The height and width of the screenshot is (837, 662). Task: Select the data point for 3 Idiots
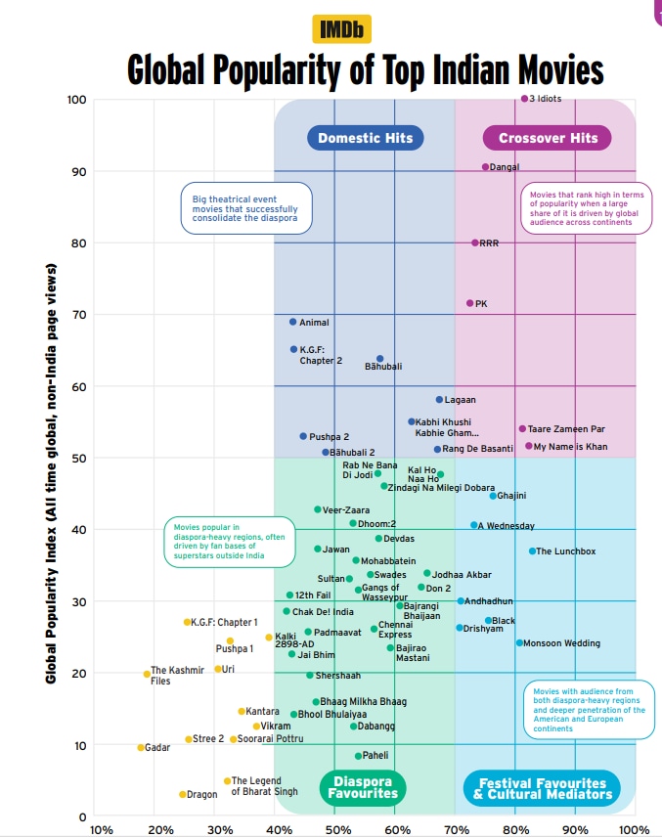(524, 99)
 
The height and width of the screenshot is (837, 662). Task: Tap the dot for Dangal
(485, 167)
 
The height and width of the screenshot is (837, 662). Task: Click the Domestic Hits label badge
(366, 138)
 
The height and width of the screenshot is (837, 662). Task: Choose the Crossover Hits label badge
(548, 138)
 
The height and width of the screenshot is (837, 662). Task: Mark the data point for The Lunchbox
(532, 551)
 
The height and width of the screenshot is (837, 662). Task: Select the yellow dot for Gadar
(141, 748)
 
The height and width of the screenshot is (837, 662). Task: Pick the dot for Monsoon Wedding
(519, 643)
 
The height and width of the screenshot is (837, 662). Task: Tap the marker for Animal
(292, 322)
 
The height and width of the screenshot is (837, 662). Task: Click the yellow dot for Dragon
(182, 795)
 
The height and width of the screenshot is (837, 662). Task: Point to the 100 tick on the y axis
(77, 100)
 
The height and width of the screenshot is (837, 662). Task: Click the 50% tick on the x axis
(337, 830)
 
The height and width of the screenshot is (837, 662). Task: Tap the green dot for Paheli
(358, 756)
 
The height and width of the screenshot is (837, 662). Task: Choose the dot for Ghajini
(493, 496)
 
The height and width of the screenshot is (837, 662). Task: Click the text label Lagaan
(460, 400)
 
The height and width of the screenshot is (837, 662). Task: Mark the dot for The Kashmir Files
(147, 674)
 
